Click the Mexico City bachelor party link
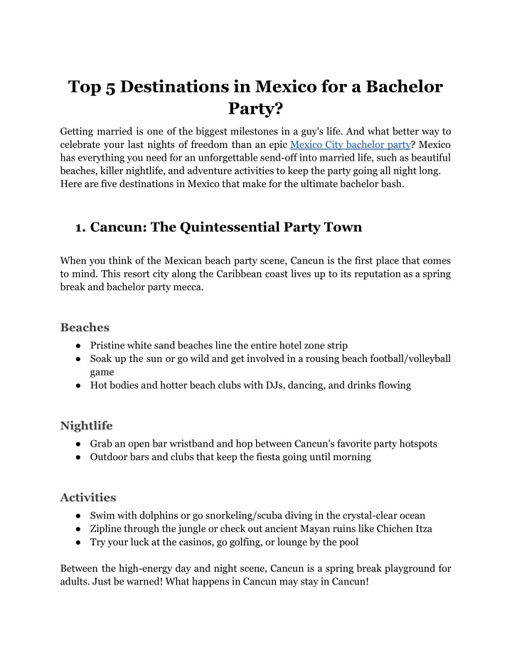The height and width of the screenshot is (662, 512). [x=350, y=144]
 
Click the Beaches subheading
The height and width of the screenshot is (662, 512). [x=85, y=327]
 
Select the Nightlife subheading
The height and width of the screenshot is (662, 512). [x=86, y=425]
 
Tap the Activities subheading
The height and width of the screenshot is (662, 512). [x=87, y=497]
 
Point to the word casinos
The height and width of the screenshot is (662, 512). [x=197, y=542]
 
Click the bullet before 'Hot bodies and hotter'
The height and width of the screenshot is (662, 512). [x=76, y=385]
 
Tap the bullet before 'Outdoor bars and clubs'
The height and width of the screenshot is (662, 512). [x=76, y=457]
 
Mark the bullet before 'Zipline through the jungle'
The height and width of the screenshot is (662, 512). [x=76, y=528]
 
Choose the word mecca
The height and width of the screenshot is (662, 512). [x=186, y=287]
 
